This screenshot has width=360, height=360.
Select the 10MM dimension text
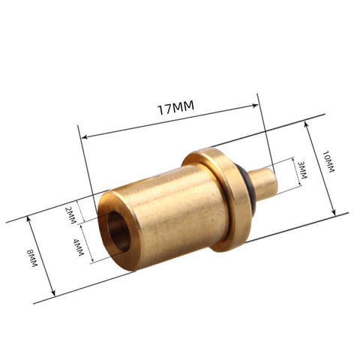coord(328,160)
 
